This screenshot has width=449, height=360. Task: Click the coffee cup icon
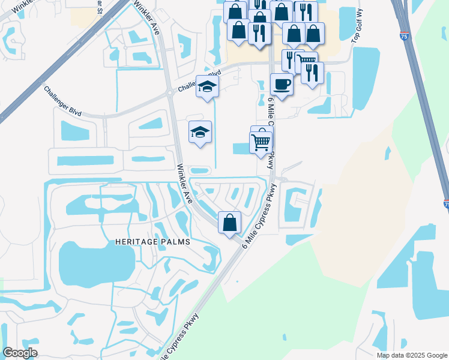click(x=281, y=83)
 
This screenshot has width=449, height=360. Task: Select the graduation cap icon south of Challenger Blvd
click(x=200, y=131)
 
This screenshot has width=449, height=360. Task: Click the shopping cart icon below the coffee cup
click(x=261, y=142)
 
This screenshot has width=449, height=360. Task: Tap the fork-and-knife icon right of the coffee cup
click(x=312, y=73)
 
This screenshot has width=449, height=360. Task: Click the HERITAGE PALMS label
click(x=152, y=241)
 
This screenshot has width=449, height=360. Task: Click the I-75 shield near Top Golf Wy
click(x=405, y=36)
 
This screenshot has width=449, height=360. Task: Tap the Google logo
click(x=20, y=353)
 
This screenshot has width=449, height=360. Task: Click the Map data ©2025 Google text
click(x=411, y=355)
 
